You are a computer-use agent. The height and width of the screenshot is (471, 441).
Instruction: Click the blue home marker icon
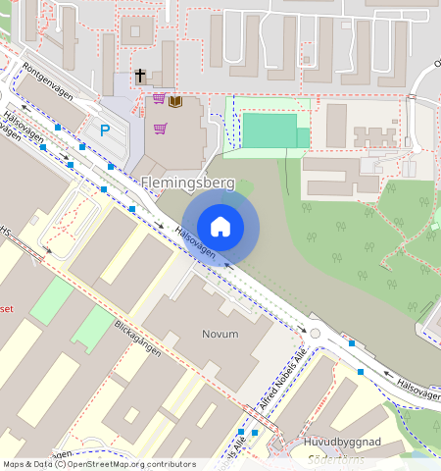coord(220,227)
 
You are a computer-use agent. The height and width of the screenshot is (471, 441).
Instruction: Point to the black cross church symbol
coord(140,76)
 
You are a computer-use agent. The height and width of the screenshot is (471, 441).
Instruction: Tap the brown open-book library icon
coord(175,100)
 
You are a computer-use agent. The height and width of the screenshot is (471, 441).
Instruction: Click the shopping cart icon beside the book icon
coord(159,99)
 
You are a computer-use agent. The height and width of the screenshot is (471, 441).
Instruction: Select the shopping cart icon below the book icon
coord(160,128)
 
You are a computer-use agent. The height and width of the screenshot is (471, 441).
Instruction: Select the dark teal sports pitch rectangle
coord(269,131)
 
